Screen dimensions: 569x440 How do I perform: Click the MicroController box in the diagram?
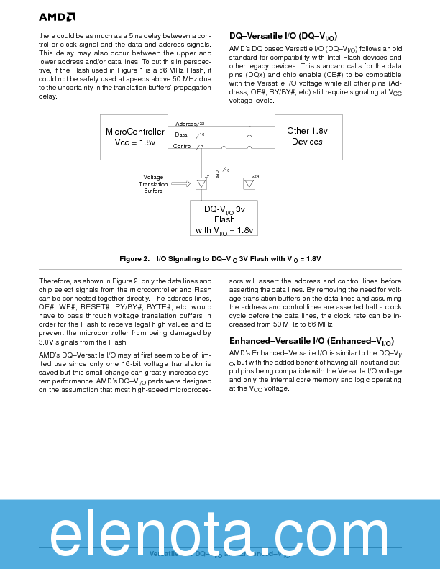point(135,136)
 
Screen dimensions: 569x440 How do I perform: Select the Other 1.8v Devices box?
point(307,136)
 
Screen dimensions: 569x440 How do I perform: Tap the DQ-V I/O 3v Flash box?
point(224,219)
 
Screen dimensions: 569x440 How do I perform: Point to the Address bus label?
point(186,124)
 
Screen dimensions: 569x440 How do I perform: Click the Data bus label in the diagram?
point(181,135)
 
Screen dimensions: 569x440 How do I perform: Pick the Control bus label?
point(183,146)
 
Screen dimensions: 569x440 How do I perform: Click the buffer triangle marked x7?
point(201,184)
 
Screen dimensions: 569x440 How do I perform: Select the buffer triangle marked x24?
point(249,184)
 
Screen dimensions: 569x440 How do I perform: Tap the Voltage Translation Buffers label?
point(153,184)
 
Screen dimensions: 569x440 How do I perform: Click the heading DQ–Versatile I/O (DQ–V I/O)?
point(283,36)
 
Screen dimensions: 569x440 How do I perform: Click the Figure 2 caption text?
point(220,258)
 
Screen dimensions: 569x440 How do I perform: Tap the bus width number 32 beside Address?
point(202,124)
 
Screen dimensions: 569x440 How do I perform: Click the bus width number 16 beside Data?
point(202,135)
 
